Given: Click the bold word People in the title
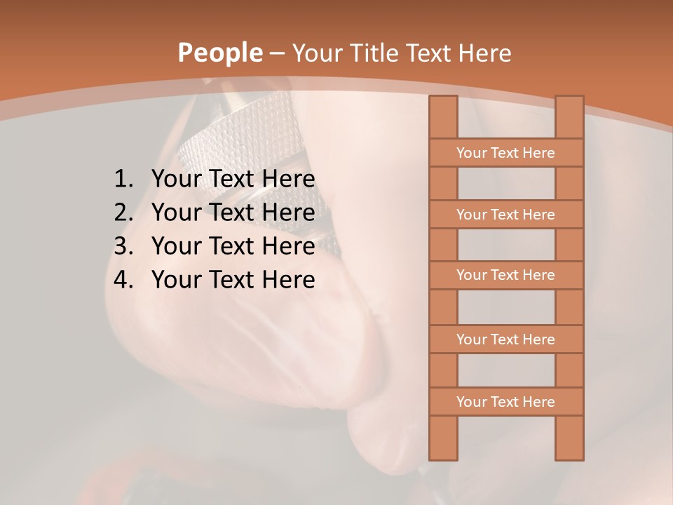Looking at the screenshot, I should (219, 53).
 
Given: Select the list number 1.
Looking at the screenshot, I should (123, 180).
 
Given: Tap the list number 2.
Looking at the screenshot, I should (123, 213).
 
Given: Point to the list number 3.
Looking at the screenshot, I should (123, 246).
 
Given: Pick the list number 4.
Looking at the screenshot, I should (123, 280).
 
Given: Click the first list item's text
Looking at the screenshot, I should (233, 180).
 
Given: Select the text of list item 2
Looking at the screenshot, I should (233, 213).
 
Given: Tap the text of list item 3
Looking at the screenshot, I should (233, 246).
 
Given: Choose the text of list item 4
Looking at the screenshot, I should (233, 280).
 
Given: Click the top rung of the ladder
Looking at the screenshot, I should (505, 153).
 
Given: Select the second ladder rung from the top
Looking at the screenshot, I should (505, 215).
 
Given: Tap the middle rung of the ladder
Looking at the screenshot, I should (505, 275).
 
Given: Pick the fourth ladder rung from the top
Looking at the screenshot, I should (505, 339).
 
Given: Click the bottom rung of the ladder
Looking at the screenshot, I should (505, 402).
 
